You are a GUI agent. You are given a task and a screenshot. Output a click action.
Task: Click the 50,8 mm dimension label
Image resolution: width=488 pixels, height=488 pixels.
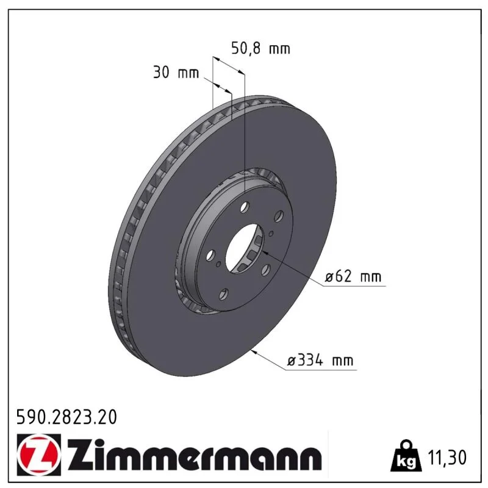261,49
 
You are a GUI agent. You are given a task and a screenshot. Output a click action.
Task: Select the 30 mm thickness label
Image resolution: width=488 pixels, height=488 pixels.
176,73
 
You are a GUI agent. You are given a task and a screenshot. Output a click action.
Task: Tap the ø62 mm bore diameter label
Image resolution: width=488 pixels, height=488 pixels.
353,276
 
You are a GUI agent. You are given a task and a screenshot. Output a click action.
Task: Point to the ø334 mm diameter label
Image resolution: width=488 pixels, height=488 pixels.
320,361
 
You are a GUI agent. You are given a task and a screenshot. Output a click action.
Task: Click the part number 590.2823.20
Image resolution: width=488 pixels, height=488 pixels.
66,417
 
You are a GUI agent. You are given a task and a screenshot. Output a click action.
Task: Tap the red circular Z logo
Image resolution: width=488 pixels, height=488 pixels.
39,454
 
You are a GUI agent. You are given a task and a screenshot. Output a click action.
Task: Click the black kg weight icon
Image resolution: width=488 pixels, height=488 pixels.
406,456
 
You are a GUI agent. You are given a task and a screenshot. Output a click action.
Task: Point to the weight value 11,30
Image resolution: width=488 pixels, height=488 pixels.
447,457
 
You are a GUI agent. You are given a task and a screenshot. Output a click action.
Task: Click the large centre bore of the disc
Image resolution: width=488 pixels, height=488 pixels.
244,249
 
